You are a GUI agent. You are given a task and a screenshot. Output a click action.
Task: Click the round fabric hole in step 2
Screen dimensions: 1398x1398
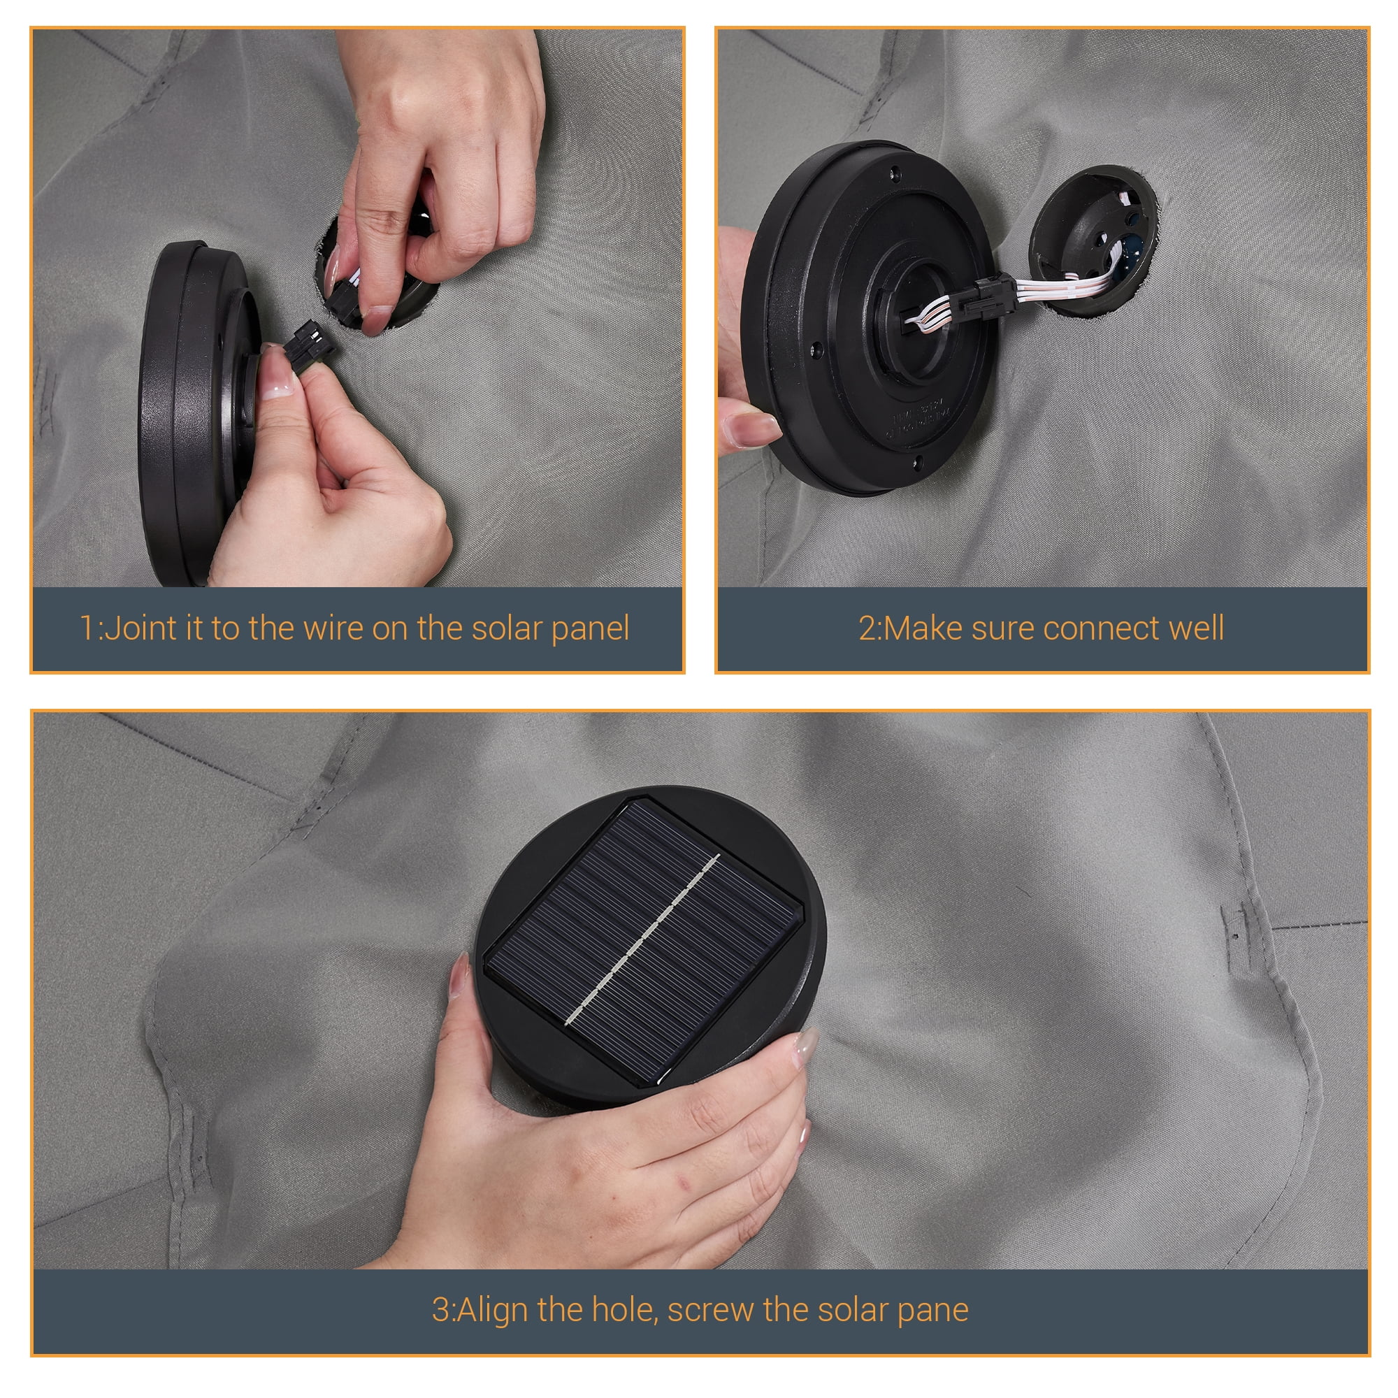click(x=1093, y=240)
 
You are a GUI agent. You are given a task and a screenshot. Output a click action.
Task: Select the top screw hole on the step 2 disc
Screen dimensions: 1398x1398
click(x=895, y=173)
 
